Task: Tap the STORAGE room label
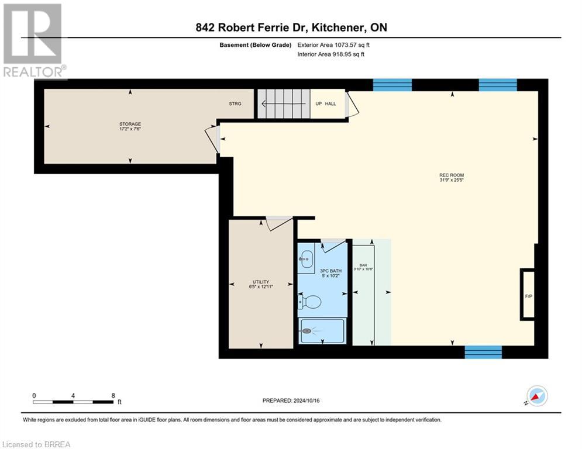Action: coord(130,126)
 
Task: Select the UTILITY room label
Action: coord(260,284)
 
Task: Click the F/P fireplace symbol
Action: coord(528,295)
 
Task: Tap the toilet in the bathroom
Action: coord(311,302)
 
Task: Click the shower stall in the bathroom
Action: coord(322,332)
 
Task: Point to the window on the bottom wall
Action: coord(483,352)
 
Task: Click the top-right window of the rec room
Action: coord(498,85)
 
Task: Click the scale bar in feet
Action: coord(74,402)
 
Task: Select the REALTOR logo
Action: coord(33,41)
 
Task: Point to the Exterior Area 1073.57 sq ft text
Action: coord(334,44)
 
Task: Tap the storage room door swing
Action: coord(212,139)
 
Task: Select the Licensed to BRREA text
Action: coord(36,444)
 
